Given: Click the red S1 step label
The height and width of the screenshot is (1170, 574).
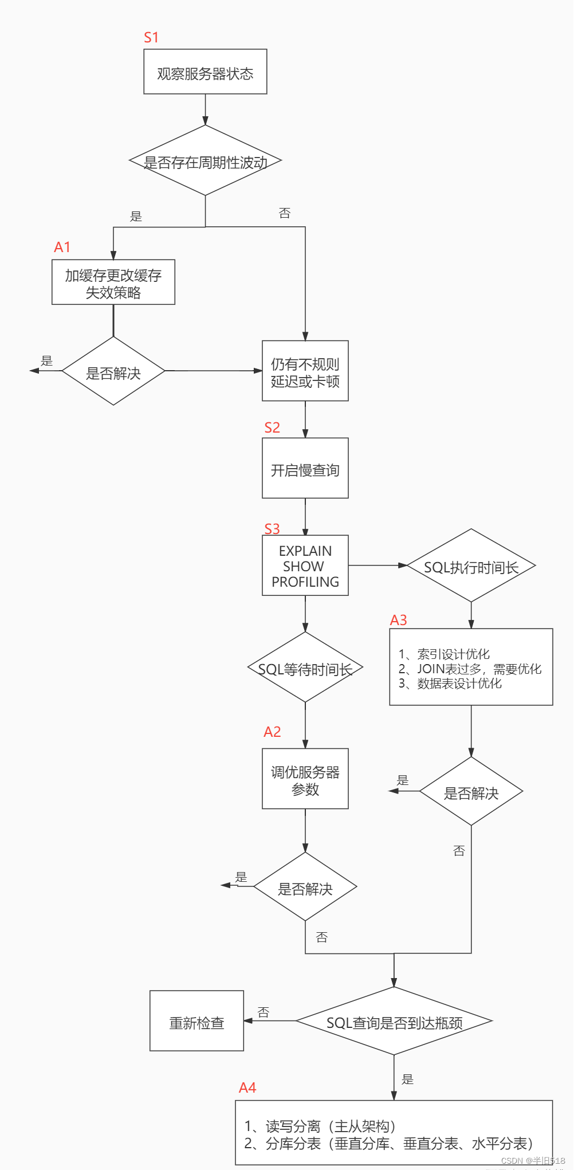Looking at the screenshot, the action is click(x=151, y=38).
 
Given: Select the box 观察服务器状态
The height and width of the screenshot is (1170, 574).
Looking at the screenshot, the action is click(x=205, y=72).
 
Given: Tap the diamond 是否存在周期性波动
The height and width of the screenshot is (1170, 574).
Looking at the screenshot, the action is click(x=206, y=161).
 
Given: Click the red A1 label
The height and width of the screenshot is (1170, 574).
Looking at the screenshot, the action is click(x=62, y=247).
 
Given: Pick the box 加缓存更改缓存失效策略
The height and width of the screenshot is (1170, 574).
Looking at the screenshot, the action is click(x=113, y=282).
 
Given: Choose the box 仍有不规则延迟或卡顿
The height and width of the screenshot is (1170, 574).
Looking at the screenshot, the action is click(x=305, y=371).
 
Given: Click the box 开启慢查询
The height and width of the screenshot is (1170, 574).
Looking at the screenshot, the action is click(x=305, y=468).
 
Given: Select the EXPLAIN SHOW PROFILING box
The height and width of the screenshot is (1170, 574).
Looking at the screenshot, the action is click(x=305, y=566).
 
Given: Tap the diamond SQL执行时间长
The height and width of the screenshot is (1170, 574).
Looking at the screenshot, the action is click(x=471, y=566).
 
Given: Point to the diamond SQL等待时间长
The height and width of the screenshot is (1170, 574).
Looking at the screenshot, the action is click(x=305, y=668).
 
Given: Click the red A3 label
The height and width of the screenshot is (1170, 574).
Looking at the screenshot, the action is click(x=398, y=620).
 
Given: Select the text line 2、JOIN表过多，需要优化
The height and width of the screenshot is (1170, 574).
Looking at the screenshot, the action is click(x=470, y=669).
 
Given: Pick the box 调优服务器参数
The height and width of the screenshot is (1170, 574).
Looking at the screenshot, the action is click(x=305, y=779).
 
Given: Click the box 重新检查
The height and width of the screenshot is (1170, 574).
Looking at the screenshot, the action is click(x=196, y=1021).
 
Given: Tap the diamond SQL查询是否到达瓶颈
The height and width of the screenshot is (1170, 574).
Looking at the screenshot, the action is click(x=394, y=1021).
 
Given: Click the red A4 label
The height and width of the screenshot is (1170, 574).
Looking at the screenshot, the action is click(x=247, y=1087).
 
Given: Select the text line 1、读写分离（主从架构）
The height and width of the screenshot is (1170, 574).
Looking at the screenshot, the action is click(x=320, y=1126).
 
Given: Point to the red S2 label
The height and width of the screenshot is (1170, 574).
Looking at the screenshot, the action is click(x=272, y=427).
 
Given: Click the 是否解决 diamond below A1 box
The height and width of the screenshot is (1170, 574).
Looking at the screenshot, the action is click(x=113, y=371).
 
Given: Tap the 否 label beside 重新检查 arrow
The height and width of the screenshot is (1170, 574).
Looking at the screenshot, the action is click(x=264, y=1012).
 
